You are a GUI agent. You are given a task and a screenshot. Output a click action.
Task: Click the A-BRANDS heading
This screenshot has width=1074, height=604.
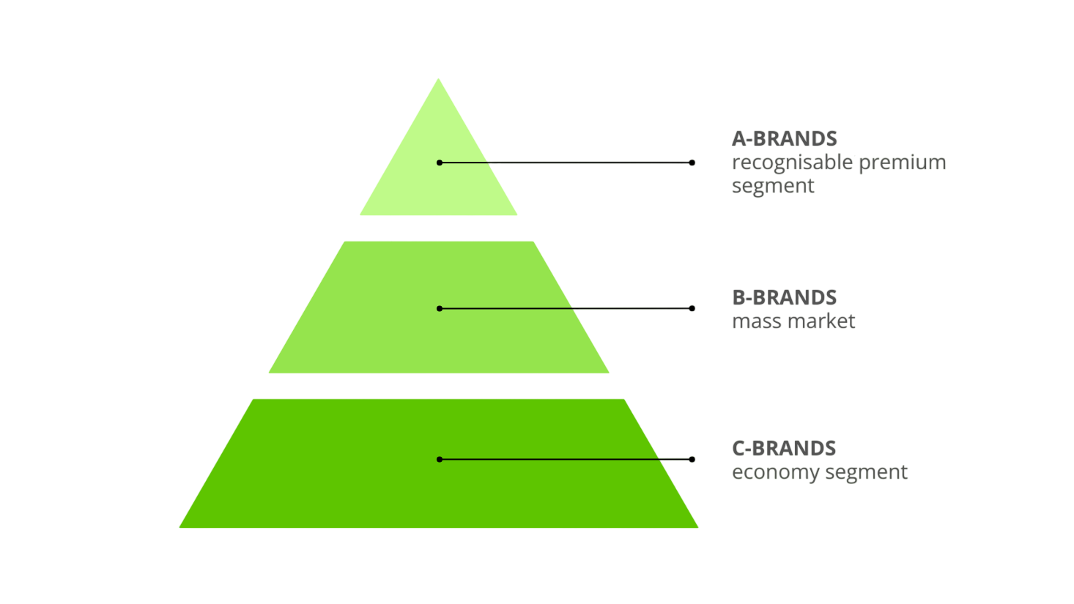pyautogui.click(x=784, y=138)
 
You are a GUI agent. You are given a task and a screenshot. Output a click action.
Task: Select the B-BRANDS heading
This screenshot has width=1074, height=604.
pyautogui.click(x=784, y=297)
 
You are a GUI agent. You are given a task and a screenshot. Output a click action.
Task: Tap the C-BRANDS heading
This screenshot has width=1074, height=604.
pyautogui.click(x=783, y=448)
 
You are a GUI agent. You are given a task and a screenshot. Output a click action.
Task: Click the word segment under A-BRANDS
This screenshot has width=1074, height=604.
pyautogui.click(x=773, y=186)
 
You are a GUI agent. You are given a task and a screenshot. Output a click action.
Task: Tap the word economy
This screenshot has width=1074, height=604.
pyautogui.click(x=773, y=472)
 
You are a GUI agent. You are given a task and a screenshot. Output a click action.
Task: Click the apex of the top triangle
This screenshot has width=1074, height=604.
pyautogui.click(x=438, y=80)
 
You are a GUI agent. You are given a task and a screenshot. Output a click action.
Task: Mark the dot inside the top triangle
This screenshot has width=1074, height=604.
pyautogui.click(x=440, y=163)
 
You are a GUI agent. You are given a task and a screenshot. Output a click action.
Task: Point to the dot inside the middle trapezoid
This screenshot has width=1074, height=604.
pyautogui.click(x=440, y=308)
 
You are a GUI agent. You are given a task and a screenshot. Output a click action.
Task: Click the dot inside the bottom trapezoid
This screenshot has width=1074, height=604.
pyautogui.click(x=440, y=459)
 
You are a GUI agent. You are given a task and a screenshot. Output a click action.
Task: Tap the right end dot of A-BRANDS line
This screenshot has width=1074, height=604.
pyautogui.click(x=692, y=163)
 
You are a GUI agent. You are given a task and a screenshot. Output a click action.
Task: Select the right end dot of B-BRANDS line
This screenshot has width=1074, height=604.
pyautogui.click(x=692, y=308)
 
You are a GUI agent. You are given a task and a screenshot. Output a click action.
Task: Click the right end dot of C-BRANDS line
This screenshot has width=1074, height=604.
pyautogui.click(x=692, y=459)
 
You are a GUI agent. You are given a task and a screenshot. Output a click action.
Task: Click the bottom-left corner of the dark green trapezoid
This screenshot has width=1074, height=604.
pyautogui.click(x=181, y=526)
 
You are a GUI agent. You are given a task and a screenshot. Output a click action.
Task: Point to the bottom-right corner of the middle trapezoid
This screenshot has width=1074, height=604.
pyautogui.click(x=607, y=372)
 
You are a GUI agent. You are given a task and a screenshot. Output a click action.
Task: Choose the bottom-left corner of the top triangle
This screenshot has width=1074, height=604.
pyautogui.click(x=361, y=214)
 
